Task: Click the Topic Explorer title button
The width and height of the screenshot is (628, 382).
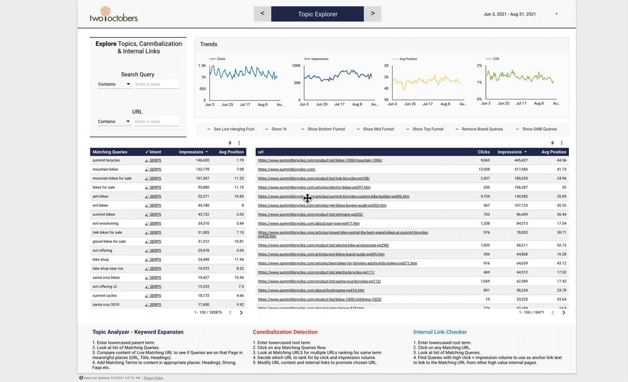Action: (x=317, y=14)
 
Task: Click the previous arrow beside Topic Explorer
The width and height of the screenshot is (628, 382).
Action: (x=262, y=14)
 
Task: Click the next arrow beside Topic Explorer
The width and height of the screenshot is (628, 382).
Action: (x=373, y=14)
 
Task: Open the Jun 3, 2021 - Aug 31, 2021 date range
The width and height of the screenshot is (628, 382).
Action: (x=521, y=14)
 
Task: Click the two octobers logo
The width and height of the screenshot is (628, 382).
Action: (x=113, y=15)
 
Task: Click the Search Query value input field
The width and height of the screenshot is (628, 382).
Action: (x=157, y=84)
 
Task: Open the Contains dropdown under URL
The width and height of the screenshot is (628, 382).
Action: (x=114, y=122)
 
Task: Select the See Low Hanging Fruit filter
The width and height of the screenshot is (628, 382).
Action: (x=234, y=129)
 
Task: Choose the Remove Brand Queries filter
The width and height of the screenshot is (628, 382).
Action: (x=482, y=129)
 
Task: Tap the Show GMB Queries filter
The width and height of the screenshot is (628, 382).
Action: (x=539, y=129)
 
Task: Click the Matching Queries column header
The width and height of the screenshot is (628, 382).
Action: (x=110, y=152)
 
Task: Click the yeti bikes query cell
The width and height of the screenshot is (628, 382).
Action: (x=101, y=196)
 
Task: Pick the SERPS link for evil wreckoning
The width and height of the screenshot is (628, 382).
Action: (x=155, y=224)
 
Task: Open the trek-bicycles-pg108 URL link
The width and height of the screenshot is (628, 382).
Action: (x=314, y=178)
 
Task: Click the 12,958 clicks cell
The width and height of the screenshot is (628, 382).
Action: (x=483, y=169)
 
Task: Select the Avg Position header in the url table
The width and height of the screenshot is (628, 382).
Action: (x=553, y=152)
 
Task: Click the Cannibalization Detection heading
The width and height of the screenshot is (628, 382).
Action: (x=285, y=332)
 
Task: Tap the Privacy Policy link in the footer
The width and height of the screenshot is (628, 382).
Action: (x=153, y=378)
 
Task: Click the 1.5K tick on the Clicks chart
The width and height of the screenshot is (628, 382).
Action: (x=202, y=66)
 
